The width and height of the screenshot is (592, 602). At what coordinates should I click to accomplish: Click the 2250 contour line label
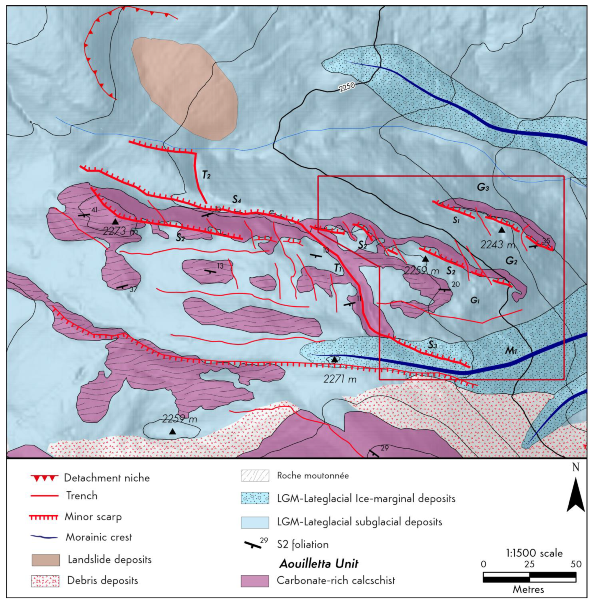[346, 88]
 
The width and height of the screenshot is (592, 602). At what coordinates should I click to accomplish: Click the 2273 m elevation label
[120, 231]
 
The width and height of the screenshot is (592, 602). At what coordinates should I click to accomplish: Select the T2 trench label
[206, 175]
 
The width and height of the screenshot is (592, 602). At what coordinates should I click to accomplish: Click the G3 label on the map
[483, 188]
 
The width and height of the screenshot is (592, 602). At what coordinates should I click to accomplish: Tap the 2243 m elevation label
[497, 245]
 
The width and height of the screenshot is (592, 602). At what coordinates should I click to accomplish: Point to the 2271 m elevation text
[340, 379]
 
